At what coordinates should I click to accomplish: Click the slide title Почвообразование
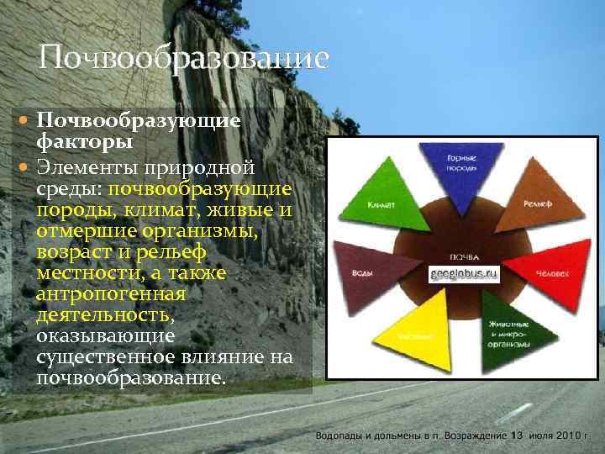coord(183,59)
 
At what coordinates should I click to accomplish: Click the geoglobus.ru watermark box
coord(464,275)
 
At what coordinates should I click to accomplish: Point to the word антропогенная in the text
coord(111,294)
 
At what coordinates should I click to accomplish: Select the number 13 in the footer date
coord(517,436)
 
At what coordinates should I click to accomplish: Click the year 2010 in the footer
coord(567,436)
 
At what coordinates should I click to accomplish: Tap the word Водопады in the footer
coord(339,436)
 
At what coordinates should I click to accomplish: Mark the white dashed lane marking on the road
coord(514,412)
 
